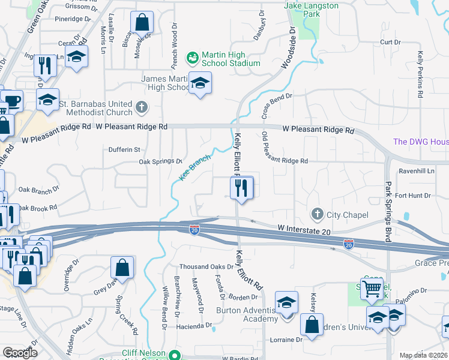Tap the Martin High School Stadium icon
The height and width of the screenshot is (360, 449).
click(192, 58)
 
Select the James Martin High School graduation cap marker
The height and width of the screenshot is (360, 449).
click(200, 83)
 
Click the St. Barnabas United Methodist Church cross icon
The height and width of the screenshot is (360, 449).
click(141, 107)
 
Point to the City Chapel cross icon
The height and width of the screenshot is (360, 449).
click(317, 214)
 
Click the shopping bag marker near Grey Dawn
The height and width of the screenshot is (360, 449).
click(122, 268)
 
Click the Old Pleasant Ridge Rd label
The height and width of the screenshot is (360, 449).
click(285, 161)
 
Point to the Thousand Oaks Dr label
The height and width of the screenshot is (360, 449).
click(205, 266)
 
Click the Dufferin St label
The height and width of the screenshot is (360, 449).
click(124, 149)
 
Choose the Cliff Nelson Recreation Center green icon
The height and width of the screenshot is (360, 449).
click(175, 355)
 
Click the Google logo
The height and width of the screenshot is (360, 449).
click(20, 353)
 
